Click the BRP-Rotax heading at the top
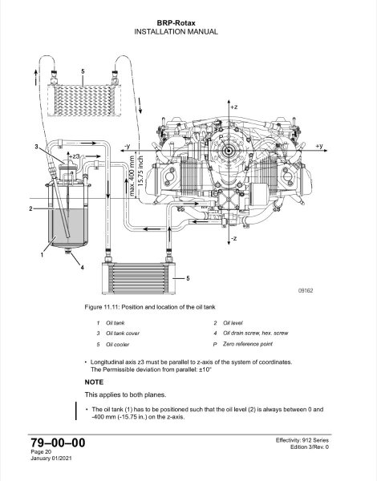tap(176, 23)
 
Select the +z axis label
tap(234, 107)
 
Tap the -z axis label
tap(233, 238)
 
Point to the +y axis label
tap(319, 146)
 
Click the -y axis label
tap(127, 147)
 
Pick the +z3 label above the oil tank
tap(75, 156)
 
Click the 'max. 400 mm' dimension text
tap(132, 176)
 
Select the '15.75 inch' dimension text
tap(141, 172)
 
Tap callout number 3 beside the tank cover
tap(37, 147)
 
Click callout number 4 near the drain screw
tap(83, 268)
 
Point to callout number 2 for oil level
tap(30, 208)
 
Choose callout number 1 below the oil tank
tap(42, 254)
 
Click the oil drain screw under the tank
tap(68, 251)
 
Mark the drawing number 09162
tap(306, 290)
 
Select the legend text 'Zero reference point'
tap(248, 344)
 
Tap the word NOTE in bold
tap(94, 382)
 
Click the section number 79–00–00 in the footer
tap(58, 443)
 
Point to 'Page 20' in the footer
tap(41, 452)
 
